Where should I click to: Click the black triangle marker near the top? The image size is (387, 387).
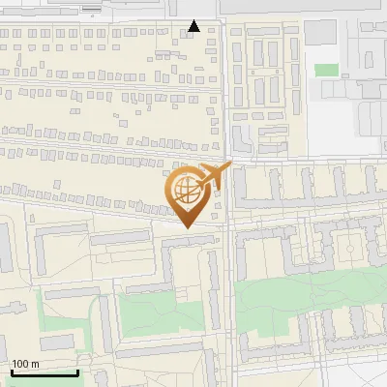click(x=194, y=26)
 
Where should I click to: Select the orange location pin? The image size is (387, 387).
click(x=188, y=196)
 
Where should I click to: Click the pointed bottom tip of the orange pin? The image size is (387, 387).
click(x=188, y=227)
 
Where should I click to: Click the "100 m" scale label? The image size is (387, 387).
click(x=25, y=364)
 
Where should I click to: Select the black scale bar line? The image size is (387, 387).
click(x=45, y=372)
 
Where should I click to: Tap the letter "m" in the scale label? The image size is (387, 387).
click(x=35, y=364)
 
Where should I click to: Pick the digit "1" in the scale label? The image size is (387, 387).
click(x=15, y=364)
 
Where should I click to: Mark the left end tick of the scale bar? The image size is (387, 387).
click(x=12, y=371)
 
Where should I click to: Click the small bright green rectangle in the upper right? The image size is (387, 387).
click(x=327, y=71)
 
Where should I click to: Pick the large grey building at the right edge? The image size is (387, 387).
click(x=372, y=116)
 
